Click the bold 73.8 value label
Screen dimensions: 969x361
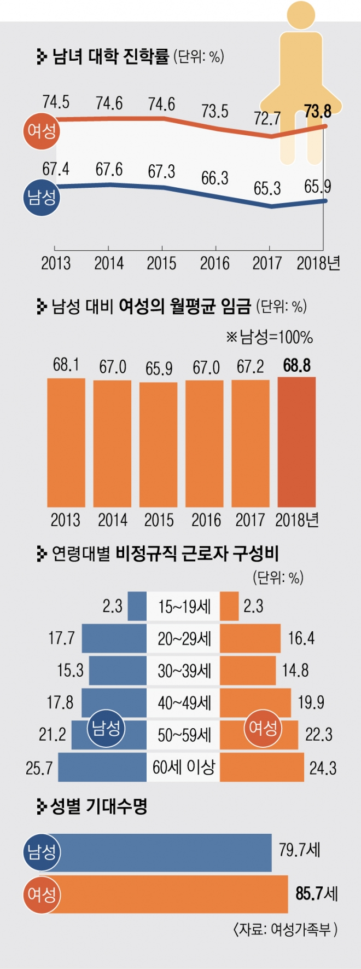click(318, 111)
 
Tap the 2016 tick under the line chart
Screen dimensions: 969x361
click(214, 263)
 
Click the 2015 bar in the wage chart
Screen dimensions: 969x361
click(159, 444)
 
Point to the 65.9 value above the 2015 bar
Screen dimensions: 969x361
click(159, 368)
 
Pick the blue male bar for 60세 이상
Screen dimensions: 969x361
click(102, 767)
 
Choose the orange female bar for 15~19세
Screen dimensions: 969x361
click(229, 606)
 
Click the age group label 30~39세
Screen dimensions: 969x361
click(184, 671)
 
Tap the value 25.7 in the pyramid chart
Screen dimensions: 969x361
click(39, 768)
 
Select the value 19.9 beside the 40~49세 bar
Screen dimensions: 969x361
click(311, 702)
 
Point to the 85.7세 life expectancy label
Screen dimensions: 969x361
click(317, 893)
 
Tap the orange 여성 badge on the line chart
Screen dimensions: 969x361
click(41, 131)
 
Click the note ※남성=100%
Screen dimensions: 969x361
click(269, 337)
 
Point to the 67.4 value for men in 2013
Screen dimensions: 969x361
click(55, 169)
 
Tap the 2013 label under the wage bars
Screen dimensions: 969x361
click(65, 520)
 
